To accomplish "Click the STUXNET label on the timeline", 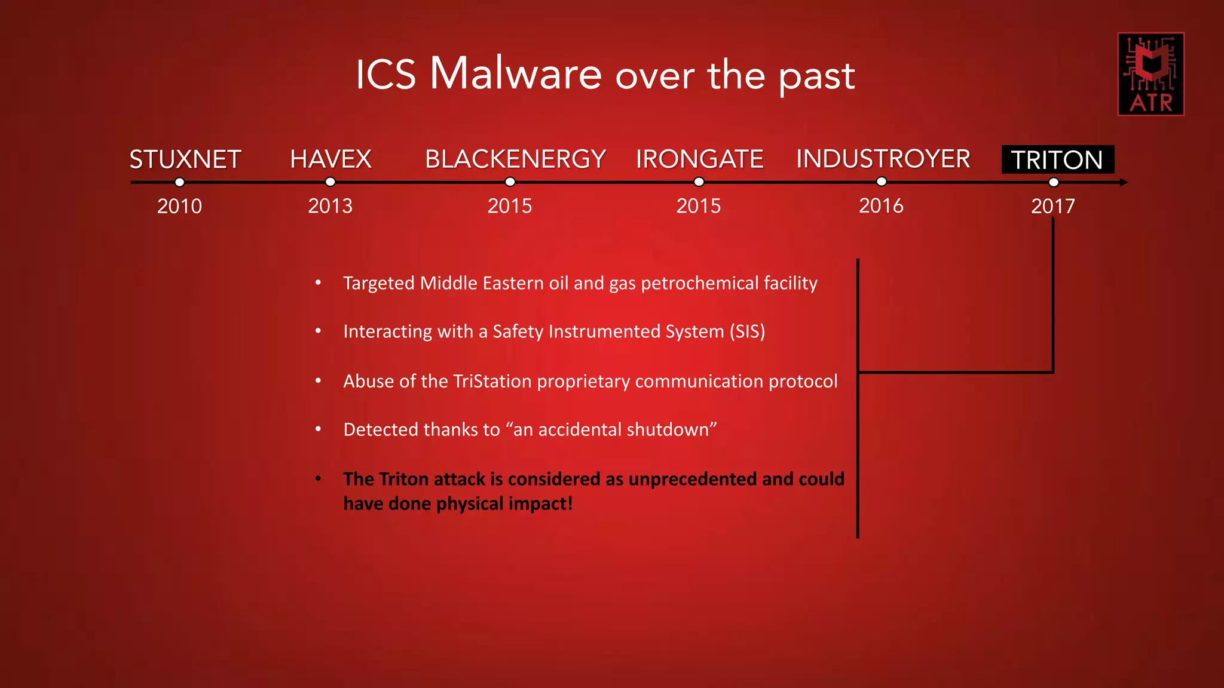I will (185, 159).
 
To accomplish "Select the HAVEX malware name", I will (331, 159).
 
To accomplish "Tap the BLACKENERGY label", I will (515, 159).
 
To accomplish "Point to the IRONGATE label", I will (699, 159).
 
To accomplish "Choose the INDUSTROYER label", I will (883, 159).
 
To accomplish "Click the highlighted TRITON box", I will (1057, 160).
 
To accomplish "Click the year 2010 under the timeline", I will (179, 207).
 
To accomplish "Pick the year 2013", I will (330, 207).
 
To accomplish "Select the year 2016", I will (881, 206).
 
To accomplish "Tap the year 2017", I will (1052, 207).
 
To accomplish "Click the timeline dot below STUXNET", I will (179, 182).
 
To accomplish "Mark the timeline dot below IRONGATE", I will (699, 182).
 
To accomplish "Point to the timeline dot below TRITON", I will (1054, 182).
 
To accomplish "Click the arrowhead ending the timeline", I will (1124, 182).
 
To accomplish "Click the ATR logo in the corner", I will (1150, 74).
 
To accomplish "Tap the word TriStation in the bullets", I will (492, 381).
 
